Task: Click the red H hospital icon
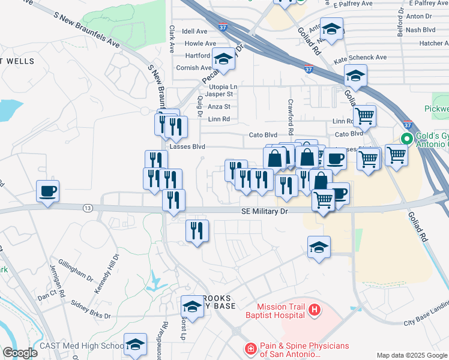click(x=315, y=310)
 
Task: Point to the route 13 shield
click(x=88, y=208)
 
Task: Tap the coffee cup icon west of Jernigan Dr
click(x=47, y=191)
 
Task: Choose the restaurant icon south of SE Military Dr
click(x=197, y=230)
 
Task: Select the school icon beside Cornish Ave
click(x=223, y=59)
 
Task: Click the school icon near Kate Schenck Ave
click(x=355, y=75)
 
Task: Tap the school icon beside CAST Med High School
click(x=135, y=344)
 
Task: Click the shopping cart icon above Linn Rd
click(x=364, y=116)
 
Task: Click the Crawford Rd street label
click(x=291, y=116)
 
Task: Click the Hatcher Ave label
click(x=434, y=43)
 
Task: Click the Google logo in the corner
click(x=19, y=353)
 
